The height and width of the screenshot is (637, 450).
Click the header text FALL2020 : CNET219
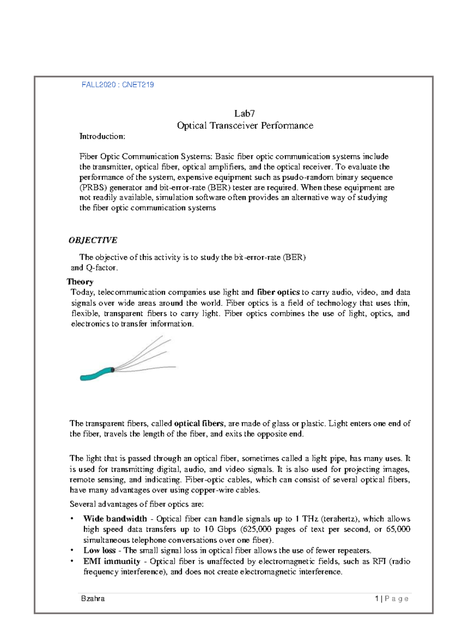click(x=118, y=85)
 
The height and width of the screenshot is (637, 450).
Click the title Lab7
click(x=244, y=113)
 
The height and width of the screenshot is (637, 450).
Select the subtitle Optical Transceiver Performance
click(x=245, y=126)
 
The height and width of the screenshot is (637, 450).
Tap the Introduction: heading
click(x=102, y=137)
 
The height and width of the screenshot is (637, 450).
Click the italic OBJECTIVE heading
click(x=93, y=240)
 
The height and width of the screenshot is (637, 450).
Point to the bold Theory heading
click(x=80, y=282)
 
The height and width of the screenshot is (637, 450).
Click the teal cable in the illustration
click(x=96, y=374)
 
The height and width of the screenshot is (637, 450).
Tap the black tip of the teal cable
click(x=112, y=370)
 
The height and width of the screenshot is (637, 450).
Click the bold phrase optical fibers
click(x=199, y=424)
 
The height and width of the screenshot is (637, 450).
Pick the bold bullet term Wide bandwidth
click(x=115, y=519)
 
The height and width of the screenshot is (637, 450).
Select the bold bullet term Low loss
click(x=99, y=550)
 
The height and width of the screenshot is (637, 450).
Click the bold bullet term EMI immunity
click(x=112, y=561)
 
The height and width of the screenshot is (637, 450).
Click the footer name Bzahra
click(x=93, y=599)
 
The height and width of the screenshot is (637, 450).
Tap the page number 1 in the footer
click(x=376, y=599)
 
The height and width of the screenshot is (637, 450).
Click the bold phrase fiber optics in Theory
click(x=278, y=292)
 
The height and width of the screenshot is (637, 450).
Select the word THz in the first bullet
click(x=310, y=519)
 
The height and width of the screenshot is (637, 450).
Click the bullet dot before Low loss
click(x=72, y=550)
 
